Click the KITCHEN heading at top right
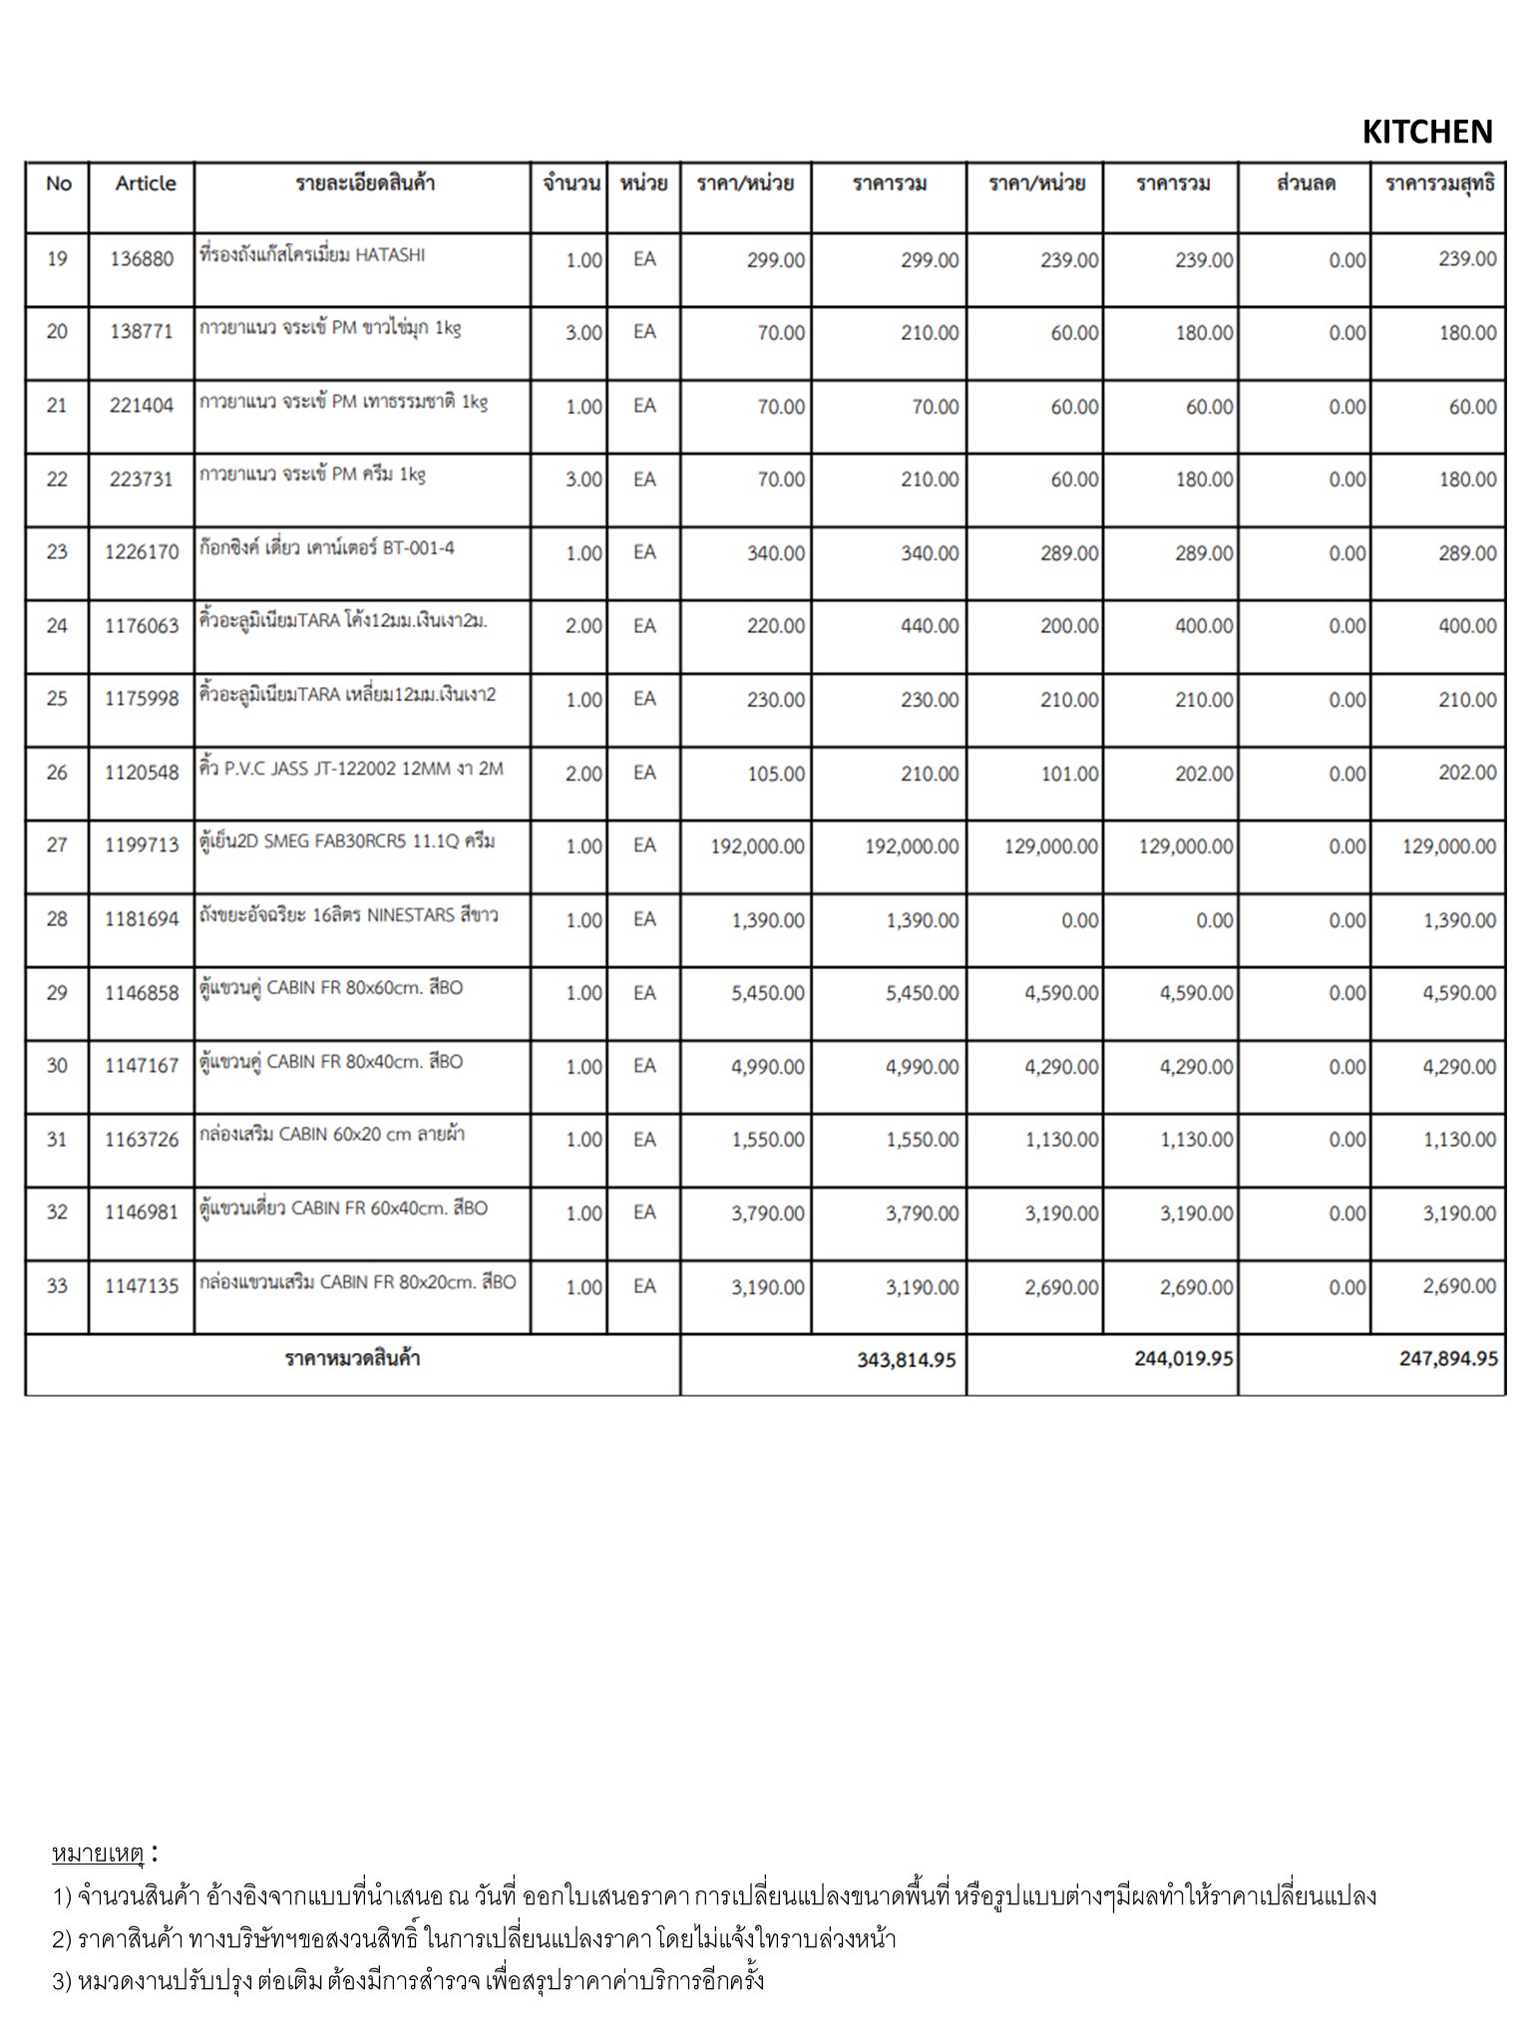[1426, 132]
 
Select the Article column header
[145, 183]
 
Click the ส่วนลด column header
[1305, 183]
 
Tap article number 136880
[142, 259]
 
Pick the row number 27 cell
[57, 846]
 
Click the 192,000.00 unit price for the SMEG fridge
[757, 847]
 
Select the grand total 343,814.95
[906, 1360]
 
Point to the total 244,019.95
[1183, 1359]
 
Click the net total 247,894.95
[1448, 1359]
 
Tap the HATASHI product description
[312, 255]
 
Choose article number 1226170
[142, 552]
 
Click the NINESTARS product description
[349, 915]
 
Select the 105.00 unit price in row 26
[776, 774]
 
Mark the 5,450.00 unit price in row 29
[767, 993]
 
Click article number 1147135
[142, 1286]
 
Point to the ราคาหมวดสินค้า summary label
[352, 1359]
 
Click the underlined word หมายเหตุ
[99, 1854]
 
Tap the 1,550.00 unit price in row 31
[767, 1140]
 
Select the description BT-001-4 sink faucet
[327, 548]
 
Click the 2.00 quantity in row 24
[583, 626]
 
